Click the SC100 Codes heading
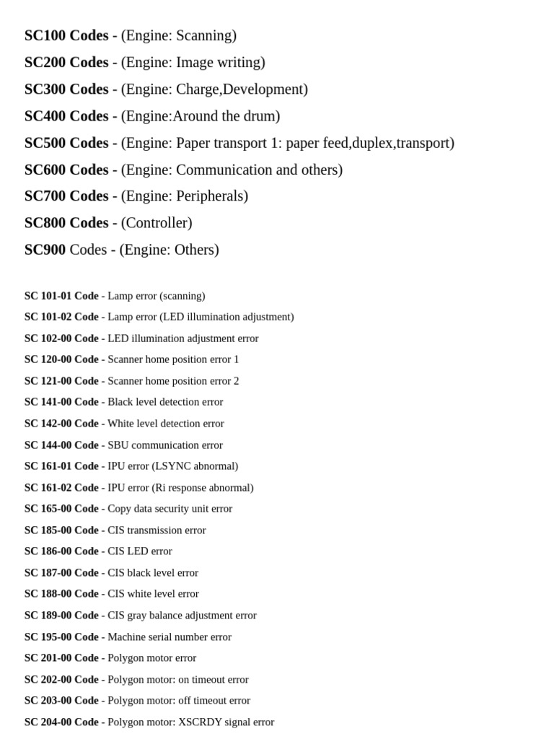tap(66, 35)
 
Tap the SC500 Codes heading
tap(66, 143)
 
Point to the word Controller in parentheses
tap(157, 223)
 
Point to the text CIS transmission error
tap(157, 530)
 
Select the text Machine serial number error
tap(170, 637)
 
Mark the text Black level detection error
tap(165, 402)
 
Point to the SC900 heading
tap(45, 250)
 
